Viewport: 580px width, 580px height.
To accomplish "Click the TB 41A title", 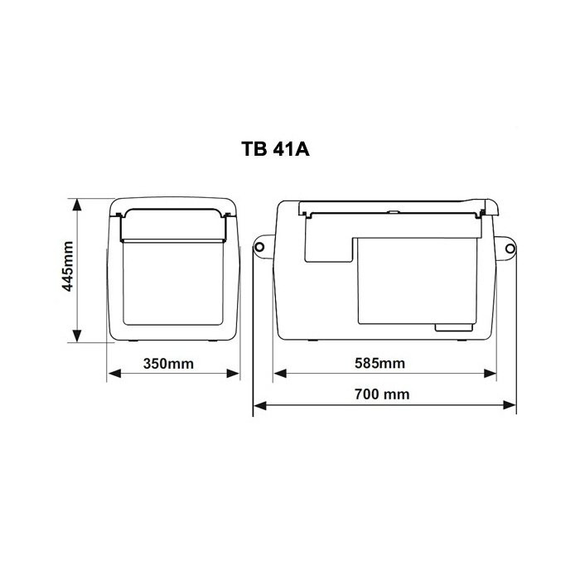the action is coord(275,148).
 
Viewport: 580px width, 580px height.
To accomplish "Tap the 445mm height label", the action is coord(68,266).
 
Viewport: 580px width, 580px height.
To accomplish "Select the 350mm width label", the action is coord(168,364).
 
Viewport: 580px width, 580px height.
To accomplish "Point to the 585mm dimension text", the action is coord(379,363).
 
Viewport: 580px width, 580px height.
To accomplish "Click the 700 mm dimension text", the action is coord(382,394).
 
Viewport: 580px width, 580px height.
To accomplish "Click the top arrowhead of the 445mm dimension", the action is coord(77,205).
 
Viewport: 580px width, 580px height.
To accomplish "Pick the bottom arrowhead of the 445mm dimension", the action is coord(77,336).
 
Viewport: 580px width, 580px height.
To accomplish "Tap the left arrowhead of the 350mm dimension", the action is coord(114,373).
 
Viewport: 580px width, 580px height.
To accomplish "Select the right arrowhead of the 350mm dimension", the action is coord(233,373).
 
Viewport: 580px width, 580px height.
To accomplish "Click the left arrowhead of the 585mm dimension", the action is coord(280,373).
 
